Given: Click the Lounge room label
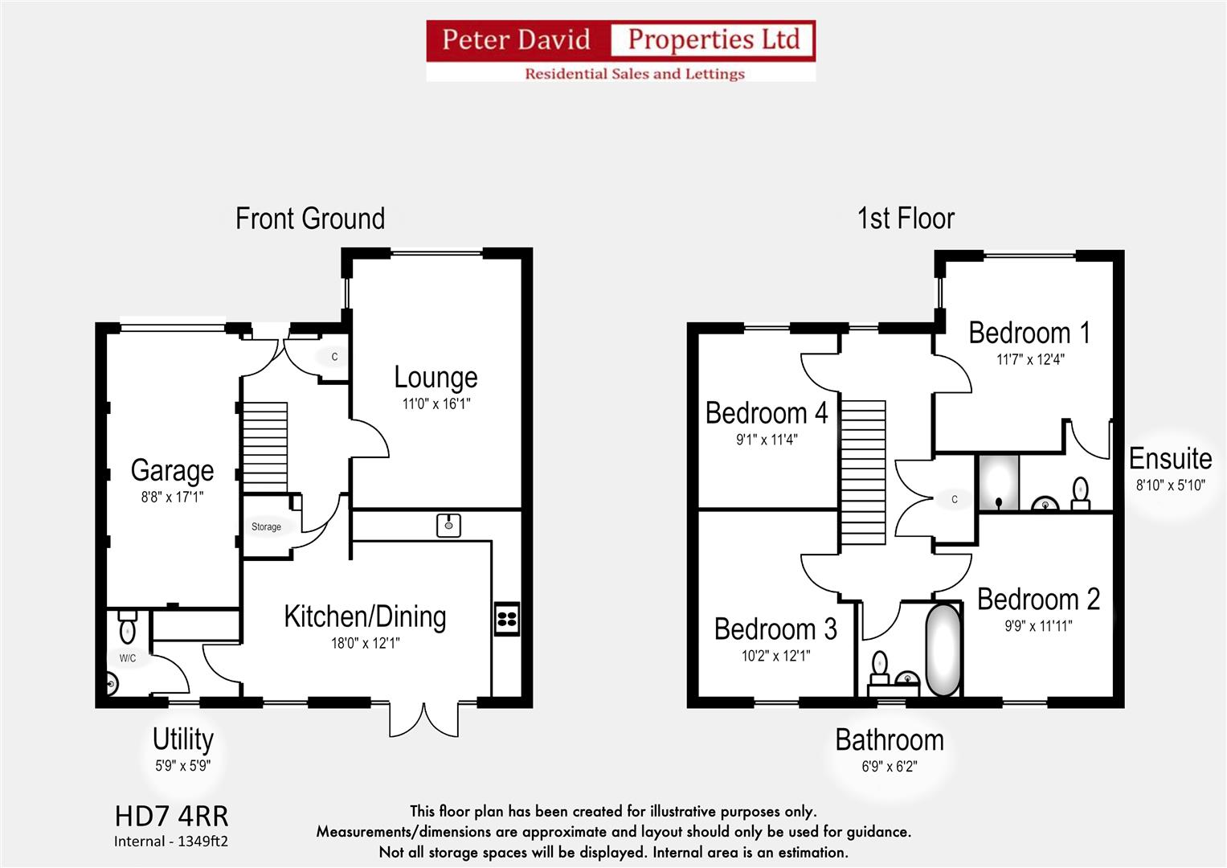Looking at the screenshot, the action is pos(436,378).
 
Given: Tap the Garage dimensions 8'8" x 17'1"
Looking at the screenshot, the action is pos(173,497).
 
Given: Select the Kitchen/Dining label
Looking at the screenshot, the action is pos(366,616).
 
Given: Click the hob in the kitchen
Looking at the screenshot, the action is pos(507,619).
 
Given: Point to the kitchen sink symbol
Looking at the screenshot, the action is pos(448,526).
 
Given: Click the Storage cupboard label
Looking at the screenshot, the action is pos(266,526).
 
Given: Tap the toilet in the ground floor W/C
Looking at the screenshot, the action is pos(128,626).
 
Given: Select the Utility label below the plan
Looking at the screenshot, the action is pos(183,739).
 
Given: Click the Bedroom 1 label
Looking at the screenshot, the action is pos(1030,333).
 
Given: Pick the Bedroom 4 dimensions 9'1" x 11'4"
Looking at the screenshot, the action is pos(767,440).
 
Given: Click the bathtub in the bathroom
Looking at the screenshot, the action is pos(943,650).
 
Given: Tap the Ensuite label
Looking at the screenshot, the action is pos(1171,459).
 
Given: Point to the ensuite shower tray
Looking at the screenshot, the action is pos(999,482).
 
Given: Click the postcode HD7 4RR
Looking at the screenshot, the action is pos(171,817).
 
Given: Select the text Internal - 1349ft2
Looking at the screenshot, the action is pos(171,841).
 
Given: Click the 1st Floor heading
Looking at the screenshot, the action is pos(906,218).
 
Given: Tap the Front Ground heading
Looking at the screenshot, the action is pos(310,218).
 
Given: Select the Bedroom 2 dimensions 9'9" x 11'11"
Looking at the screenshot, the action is pos(1038,626).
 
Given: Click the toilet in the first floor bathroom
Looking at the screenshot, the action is pos(880,667).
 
